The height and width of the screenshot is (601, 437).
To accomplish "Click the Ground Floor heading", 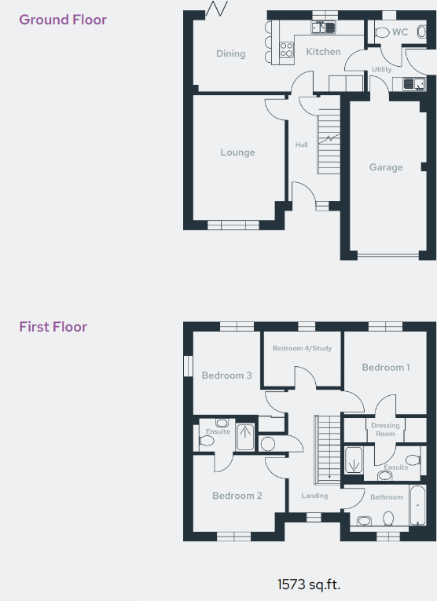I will click(x=63, y=20).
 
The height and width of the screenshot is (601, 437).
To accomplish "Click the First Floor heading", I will click(x=53, y=327).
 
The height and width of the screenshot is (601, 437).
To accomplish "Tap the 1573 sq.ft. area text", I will click(x=309, y=585).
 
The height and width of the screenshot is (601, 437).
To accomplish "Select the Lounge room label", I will click(x=237, y=152).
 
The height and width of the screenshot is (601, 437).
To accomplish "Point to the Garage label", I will click(x=386, y=167).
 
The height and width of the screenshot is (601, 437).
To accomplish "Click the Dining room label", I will click(x=230, y=53).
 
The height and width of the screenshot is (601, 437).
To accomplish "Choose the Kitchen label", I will click(x=323, y=52).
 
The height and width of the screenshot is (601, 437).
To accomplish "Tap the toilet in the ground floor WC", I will click(x=381, y=33).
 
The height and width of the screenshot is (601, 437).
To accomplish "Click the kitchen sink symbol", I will click(x=322, y=27).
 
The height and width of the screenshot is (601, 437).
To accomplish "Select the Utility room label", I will click(x=382, y=70).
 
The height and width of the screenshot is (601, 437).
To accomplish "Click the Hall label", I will click(x=301, y=145).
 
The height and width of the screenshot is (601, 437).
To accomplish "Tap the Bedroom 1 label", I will click(x=386, y=367).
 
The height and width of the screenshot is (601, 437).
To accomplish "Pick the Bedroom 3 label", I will click(x=226, y=376).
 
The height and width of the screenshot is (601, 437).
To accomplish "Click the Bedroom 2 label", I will click(x=237, y=496).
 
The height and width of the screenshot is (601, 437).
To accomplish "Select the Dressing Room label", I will click(x=385, y=430).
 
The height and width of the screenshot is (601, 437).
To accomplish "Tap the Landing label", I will click(x=314, y=496).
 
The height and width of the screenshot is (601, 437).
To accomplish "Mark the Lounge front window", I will click(x=233, y=225).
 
